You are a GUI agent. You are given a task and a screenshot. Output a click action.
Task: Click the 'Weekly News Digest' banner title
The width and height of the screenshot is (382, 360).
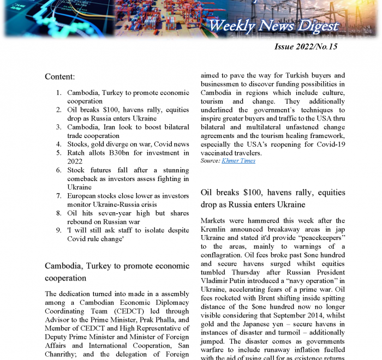pos(273,26)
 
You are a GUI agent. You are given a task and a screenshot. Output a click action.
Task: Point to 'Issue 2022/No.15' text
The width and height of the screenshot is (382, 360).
pos(306,47)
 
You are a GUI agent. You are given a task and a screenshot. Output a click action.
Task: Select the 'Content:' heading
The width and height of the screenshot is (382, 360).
pos(59,77)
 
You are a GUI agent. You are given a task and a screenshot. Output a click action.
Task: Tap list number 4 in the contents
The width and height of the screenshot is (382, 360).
pos(58,145)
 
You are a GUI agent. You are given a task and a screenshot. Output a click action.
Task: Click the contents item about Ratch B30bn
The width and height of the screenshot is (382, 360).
pos(128,157)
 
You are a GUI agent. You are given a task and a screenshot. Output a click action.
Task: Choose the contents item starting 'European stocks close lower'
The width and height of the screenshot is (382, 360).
pos(128,200)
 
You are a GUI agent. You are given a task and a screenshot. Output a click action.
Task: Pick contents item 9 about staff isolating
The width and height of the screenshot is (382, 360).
pos(128,235)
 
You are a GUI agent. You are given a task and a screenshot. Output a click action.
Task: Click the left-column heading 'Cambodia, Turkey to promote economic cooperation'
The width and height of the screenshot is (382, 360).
pos(117,272)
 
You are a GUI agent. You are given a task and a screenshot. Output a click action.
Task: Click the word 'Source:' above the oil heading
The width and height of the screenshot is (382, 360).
pos(210,160)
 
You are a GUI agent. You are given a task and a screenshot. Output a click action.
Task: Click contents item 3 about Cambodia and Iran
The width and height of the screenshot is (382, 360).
pos(128,131)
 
